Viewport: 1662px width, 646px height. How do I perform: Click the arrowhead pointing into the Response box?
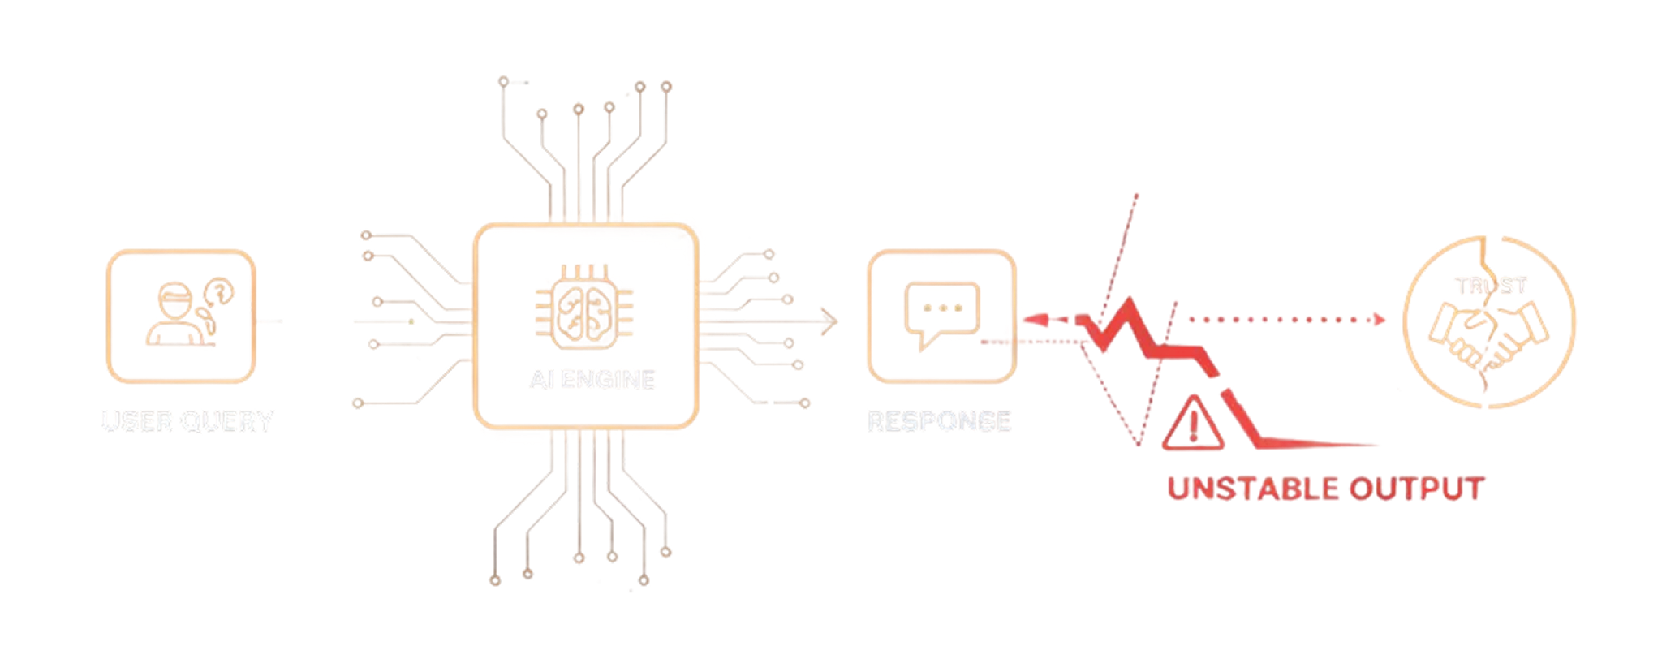point(829,318)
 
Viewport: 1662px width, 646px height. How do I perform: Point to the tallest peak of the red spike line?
point(1136,196)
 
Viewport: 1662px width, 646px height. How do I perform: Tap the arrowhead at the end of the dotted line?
point(1377,320)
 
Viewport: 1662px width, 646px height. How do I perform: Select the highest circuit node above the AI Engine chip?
point(503,80)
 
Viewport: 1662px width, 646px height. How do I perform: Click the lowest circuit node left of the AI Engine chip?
point(358,402)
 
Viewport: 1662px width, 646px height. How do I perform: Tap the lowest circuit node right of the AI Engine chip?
point(805,403)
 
